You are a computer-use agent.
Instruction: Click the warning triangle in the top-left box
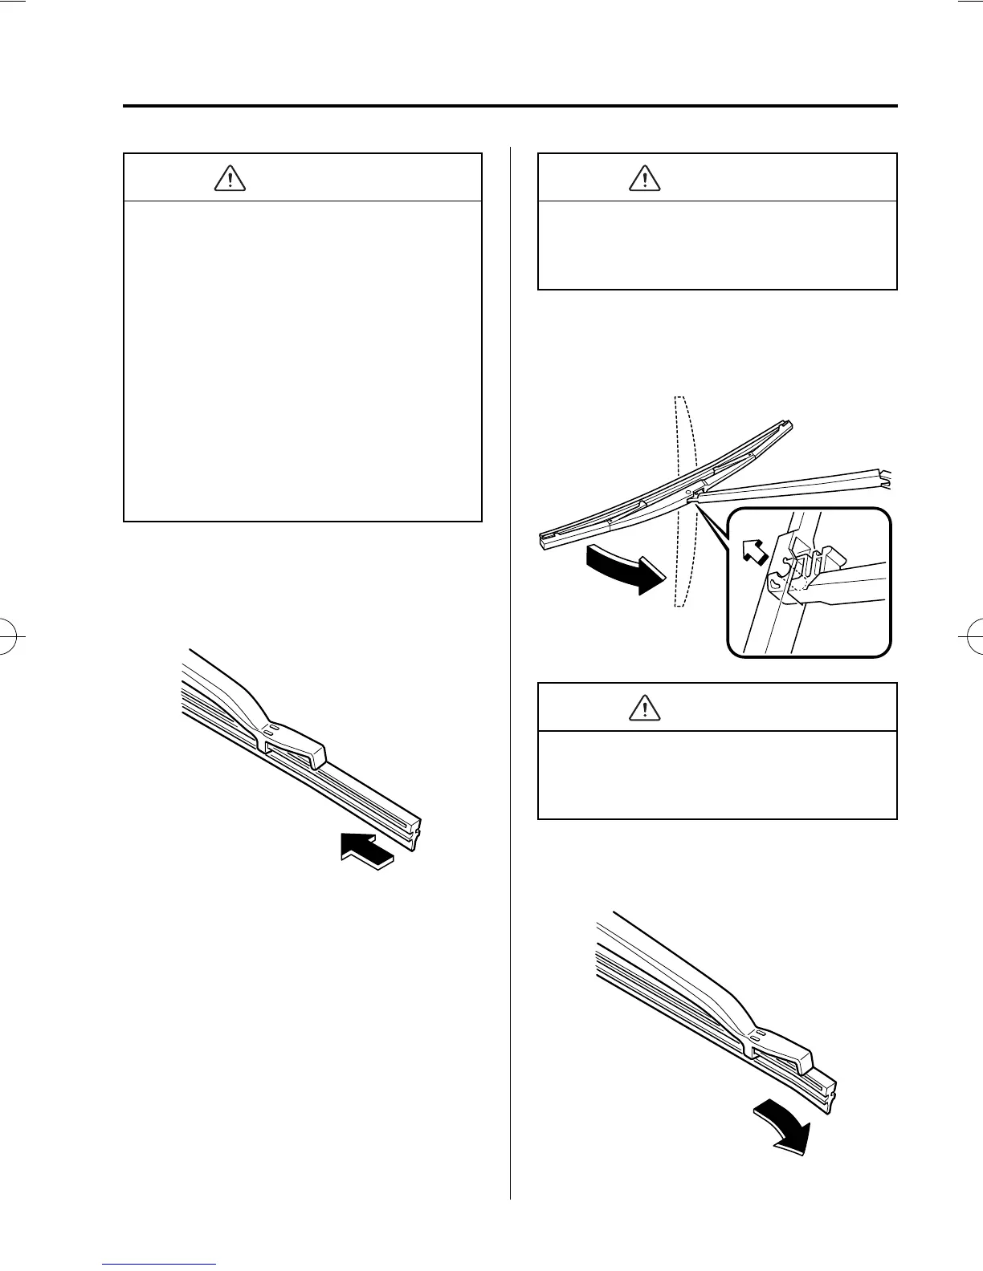(x=230, y=178)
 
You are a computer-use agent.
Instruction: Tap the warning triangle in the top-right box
(x=645, y=177)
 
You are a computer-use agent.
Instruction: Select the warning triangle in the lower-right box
(x=645, y=707)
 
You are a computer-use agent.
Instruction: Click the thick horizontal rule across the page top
(x=510, y=106)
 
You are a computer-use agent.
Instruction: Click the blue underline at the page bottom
(x=160, y=1264)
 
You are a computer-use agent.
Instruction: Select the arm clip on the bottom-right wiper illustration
(x=782, y=1049)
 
